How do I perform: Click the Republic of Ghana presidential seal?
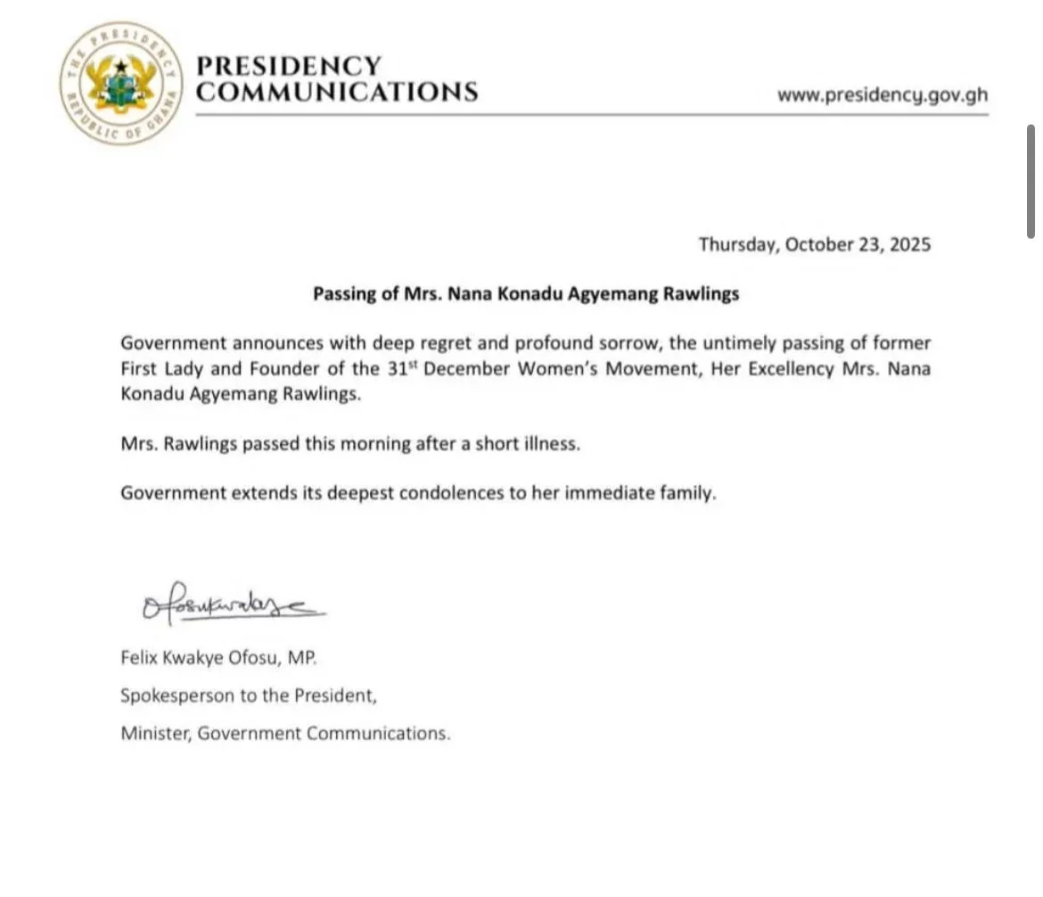[x=121, y=84]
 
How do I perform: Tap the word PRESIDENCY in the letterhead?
[x=288, y=67]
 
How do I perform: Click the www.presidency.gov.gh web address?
[x=882, y=95]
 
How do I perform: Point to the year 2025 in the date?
[x=908, y=244]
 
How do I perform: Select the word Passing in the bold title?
[x=342, y=294]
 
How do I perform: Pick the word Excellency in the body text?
[x=788, y=370]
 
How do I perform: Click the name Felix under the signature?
[x=139, y=659]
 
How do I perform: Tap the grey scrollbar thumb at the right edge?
[x=1031, y=182]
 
